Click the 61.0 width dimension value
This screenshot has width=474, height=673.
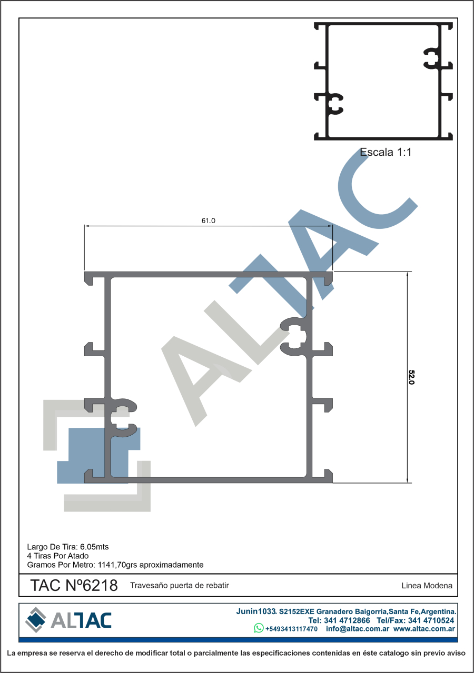[208, 221]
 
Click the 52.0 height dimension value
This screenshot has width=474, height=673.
[411, 377]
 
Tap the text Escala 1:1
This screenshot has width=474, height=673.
[386, 152]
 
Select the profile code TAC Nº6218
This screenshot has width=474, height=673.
[74, 586]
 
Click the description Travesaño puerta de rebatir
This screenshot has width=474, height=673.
[180, 586]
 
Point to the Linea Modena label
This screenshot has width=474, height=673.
[427, 586]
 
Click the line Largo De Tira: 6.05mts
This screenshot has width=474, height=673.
[68, 547]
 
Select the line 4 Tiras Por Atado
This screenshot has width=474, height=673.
[58, 556]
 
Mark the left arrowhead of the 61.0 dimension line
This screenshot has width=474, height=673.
[86, 226]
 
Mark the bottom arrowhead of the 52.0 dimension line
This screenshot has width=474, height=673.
[407, 480]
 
